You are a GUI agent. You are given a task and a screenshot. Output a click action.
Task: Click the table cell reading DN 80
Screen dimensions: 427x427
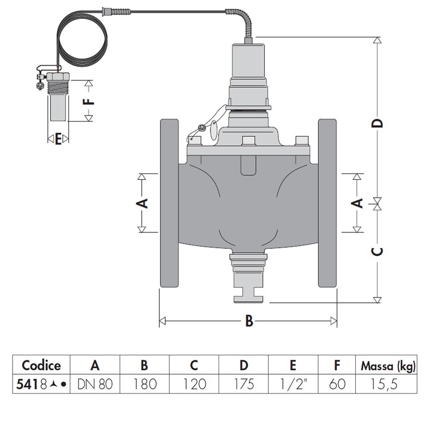click(x=95, y=385)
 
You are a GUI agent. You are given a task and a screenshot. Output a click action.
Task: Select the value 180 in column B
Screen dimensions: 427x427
click(x=145, y=385)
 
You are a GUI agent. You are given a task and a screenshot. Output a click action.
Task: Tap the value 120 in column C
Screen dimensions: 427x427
click(x=194, y=385)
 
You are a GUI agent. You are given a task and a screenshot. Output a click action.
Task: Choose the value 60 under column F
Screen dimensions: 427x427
click(x=338, y=385)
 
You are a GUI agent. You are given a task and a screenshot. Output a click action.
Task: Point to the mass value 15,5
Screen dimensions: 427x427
click(x=386, y=385)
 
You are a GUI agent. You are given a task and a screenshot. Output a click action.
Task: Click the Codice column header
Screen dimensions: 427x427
click(x=41, y=366)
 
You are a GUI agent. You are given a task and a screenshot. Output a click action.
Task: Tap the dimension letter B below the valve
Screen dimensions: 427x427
click(x=249, y=322)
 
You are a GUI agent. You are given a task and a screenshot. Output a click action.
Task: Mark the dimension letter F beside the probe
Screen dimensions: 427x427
click(x=88, y=101)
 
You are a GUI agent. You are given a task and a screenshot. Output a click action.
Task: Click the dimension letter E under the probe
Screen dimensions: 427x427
click(x=58, y=139)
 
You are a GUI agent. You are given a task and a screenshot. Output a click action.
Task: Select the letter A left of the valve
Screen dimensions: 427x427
click(x=142, y=203)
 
